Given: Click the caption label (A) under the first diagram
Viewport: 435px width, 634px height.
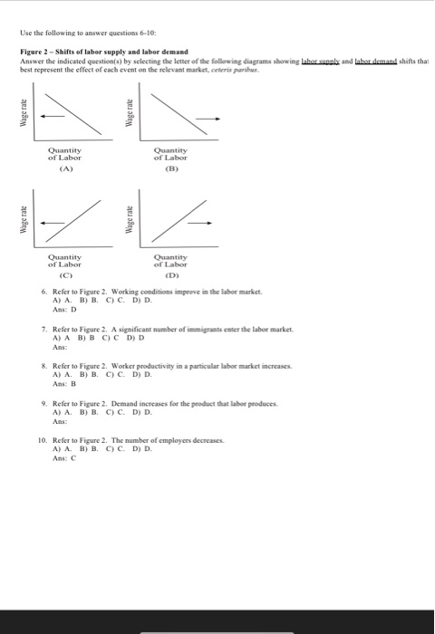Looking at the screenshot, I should (65, 168).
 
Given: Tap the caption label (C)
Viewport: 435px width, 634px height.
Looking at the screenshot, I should (65, 274).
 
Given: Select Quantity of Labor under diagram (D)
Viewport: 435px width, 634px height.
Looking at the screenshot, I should (170, 260).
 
